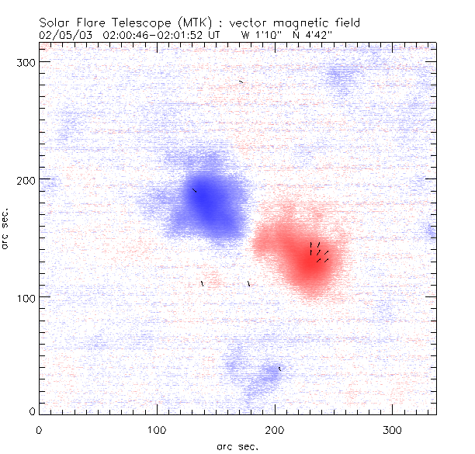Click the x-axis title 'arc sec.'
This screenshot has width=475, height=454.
237,445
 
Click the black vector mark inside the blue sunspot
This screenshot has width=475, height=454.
194,189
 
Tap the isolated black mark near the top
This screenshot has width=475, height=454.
241,81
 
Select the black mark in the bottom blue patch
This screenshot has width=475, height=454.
279,369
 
